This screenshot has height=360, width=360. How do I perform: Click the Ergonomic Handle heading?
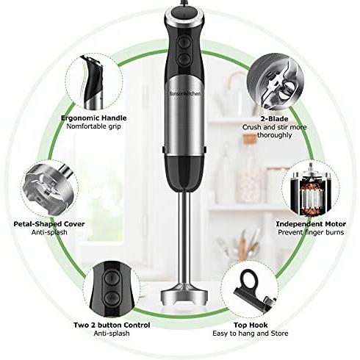click(x=94, y=118)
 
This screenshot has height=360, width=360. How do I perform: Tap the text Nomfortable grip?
click(x=94, y=126)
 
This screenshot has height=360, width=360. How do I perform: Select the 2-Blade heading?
click(x=274, y=119)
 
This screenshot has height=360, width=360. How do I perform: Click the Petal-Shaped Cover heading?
click(x=49, y=224)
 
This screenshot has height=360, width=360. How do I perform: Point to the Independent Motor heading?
click(x=311, y=224)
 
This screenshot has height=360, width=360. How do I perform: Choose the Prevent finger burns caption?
click(x=311, y=232)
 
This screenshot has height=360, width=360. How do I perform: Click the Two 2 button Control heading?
click(x=112, y=325)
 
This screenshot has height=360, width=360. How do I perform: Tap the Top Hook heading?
click(x=251, y=325)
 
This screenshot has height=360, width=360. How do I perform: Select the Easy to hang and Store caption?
click(x=251, y=334)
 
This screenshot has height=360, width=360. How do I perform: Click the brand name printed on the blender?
click(x=185, y=93)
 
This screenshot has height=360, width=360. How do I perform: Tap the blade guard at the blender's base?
click(x=184, y=295)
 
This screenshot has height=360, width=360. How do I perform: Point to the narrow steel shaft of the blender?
click(x=184, y=237)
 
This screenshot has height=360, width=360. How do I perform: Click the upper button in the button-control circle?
click(x=112, y=278)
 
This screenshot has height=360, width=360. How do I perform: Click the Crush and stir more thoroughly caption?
click(x=274, y=131)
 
